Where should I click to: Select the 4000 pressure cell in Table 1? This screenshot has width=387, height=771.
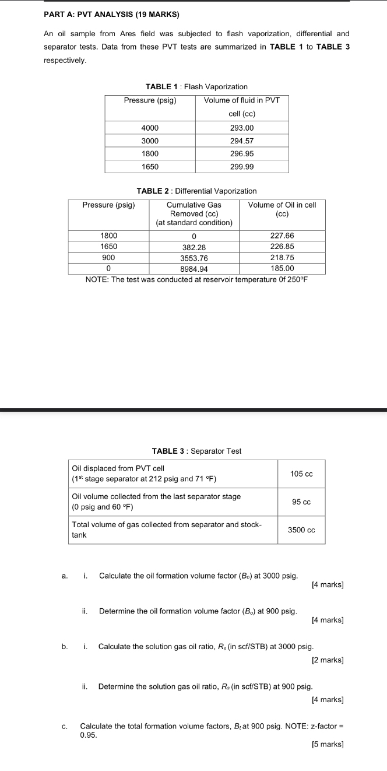pos(150,128)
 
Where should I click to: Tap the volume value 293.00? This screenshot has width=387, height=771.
pos(242,128)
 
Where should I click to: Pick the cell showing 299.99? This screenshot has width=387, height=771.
pos(242,166)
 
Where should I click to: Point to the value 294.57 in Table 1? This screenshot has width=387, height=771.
pos(242,141)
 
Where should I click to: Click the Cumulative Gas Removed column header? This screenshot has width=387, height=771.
pos(194,213)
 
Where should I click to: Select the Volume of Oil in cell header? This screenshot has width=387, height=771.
pos(282,209)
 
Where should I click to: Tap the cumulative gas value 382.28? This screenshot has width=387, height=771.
pos(194,247)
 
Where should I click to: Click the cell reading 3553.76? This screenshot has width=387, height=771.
pos(194,258)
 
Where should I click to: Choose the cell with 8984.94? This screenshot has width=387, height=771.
pos(194,269)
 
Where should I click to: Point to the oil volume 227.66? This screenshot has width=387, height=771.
pos(282,235)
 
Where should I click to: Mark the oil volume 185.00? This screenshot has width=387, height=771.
pos(282,269)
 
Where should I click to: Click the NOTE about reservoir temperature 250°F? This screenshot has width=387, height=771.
pos(196,279)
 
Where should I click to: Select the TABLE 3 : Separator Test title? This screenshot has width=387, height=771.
pos(196,451)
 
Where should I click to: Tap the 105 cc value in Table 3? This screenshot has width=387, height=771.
pos(301,474)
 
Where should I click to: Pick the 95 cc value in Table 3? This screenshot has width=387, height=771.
pos(301,502)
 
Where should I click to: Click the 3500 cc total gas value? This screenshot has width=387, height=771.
pos(301,530)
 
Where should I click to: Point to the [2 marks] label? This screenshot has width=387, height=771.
pos(328,660)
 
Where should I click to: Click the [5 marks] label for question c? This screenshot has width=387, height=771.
pos(328,744)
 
